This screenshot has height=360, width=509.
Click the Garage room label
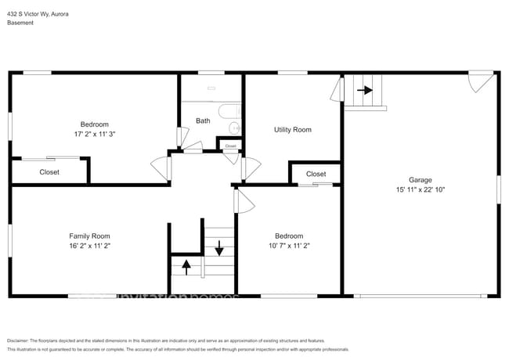pyautogui.click(x=421, y=179)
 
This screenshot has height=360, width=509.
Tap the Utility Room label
pyautogui.click(x=292, y=129)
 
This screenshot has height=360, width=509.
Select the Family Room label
pyautogui.click(x=89, y=236)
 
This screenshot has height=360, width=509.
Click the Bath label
pyautogui.click(x=203, y=121)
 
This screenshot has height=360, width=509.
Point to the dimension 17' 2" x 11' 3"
pyautogui.click(x=94, y=134)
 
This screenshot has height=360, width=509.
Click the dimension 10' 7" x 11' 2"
pyautogui.click(x=288, y=246)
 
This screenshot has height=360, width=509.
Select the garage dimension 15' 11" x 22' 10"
pyautogui.click(x=421, y=189)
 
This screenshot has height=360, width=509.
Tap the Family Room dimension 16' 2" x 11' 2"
pyautogui.click(x=89, y=246)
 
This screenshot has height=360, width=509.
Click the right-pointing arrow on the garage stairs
pyautogui.click(x=365, y=90)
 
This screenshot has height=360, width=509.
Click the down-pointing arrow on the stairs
pyautogui.click(x=219, y=250)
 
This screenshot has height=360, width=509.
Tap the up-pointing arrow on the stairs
pyautogui.click(x=186, y=265)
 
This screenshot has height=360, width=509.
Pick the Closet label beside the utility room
pyautogui.click(x=316, y=174)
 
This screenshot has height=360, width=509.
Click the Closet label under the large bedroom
pyautogui.click(x=49, y=172)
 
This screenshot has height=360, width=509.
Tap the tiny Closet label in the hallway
pyautogui.click(x=230, y=146)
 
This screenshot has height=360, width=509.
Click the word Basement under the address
pyautogui.click(x=20, y=23)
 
